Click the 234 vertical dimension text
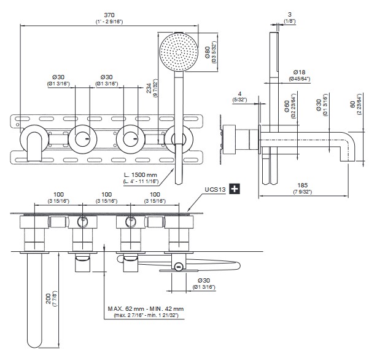click(149, 91)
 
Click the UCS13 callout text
click(214, 191)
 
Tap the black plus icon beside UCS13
click(233, 191)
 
